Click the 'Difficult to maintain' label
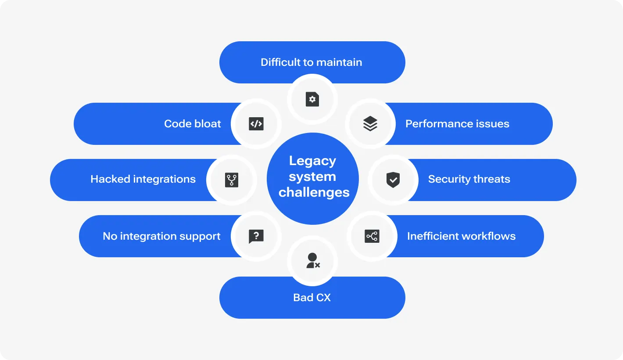click(x=311, y=62)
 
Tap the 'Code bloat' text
click(x=192, y=124)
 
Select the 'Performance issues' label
click(x=457, y=124)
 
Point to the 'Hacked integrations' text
click(x=143, y=179)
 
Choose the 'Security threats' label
click(x=469, y=179)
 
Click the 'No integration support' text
click(x=161, y=236)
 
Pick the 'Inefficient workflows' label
click(x=461, y=236)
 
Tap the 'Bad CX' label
click(x=311, y=298)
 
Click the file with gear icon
click(x=312, y=99)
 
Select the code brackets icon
click(x=256, y=124)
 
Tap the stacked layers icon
click(x=370, y=124)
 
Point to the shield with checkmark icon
click(x=393, y=180)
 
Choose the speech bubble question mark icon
click(x=256, y=236)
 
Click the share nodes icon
click(x=372, y=236)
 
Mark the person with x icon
click(x=312, y=261)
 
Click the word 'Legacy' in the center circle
click(x=312, y=161)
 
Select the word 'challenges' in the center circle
click(x=314, y=192)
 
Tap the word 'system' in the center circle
click(x=312, y=176)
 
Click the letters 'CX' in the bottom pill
click(x=323, y=298)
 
